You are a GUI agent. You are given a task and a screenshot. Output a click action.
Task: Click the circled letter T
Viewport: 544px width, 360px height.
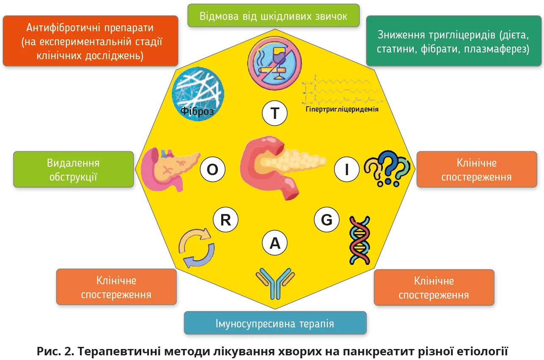click(x=275, y=113)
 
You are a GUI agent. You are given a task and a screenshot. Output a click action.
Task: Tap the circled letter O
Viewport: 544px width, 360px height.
click(x=212, y=170)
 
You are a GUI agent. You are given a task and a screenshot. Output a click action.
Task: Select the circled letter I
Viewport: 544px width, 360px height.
click(x=347, y=170)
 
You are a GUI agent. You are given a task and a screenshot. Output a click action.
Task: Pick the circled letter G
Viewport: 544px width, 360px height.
click(x=327, y=220)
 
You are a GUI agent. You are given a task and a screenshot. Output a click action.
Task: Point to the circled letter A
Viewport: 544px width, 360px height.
click(x=275, y=243)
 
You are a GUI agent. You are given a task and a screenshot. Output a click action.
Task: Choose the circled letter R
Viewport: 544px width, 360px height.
click(x=225, y=220)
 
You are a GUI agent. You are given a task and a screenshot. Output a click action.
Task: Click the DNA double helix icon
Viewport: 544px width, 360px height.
click(x=359, y=240)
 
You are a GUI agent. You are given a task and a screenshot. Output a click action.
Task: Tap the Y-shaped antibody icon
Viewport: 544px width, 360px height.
click(x=275, y=282)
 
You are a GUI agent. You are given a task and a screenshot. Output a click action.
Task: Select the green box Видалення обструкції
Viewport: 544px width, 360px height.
click(x=74, y=170)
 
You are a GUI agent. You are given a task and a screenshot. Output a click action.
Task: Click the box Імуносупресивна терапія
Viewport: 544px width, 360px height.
click(x=275, y=324)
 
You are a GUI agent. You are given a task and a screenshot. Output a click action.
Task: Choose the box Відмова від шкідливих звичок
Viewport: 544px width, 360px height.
click(x=274, y=16)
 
